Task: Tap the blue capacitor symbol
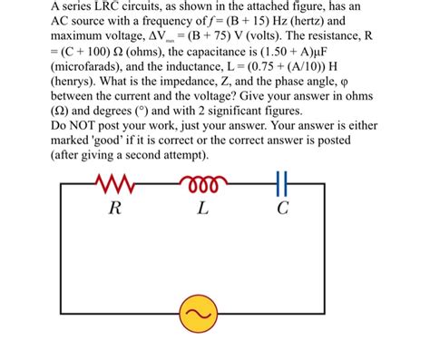coord(282,185)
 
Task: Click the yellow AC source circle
coord(199,315)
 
